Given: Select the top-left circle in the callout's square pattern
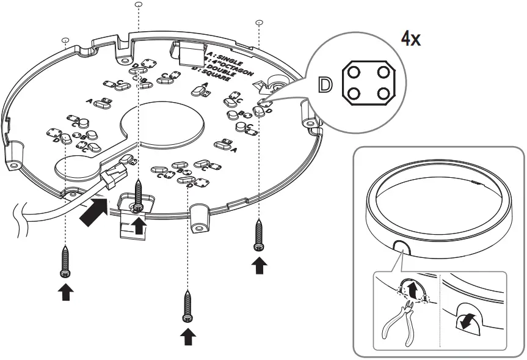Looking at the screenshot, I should [352, 72].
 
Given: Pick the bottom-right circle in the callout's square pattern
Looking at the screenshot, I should [383, 94].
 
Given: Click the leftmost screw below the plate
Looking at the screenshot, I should [65, 260].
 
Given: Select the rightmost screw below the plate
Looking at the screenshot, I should [259, 235].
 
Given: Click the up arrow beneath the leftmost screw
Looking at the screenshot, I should [65, 293].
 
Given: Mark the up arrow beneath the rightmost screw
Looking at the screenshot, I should [260, 266].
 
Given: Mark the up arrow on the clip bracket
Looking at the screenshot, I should [139, 226].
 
